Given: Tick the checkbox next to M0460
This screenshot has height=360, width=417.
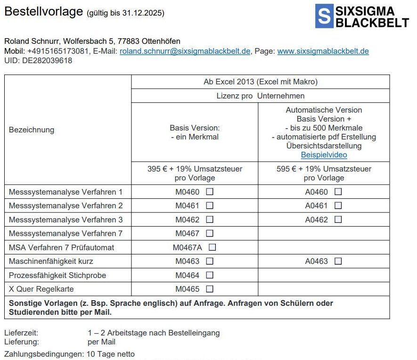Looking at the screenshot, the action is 210,192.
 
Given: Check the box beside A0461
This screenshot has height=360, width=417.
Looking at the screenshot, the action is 338,205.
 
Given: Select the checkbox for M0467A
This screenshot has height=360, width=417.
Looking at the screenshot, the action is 212,247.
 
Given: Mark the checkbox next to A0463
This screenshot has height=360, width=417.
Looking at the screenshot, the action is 338,261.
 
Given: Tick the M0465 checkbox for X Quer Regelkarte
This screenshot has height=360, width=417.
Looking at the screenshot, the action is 210,289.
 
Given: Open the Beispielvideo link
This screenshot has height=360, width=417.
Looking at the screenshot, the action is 324,155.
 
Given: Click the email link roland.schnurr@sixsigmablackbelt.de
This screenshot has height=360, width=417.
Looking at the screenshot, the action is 185,51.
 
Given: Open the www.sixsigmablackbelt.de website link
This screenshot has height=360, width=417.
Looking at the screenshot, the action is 323,51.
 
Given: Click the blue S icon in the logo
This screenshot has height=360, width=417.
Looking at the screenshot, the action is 324,16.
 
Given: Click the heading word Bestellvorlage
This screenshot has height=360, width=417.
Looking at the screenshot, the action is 43,12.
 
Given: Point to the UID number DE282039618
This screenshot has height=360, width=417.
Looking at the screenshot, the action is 47,60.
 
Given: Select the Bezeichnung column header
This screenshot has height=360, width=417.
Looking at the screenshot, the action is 32,130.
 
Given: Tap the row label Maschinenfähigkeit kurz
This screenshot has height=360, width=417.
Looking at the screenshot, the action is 51,261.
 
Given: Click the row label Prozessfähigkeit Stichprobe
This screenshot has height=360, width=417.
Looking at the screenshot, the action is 57,275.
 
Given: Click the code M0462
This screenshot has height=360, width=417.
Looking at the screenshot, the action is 188,220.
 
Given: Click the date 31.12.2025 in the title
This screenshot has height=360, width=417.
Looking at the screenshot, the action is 142,13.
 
